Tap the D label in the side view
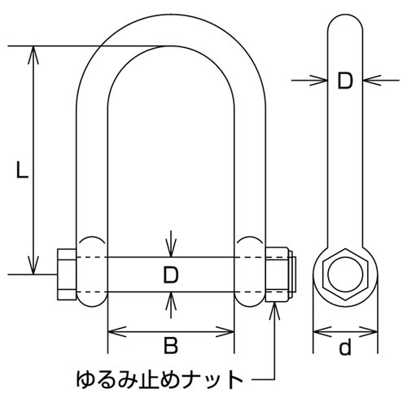[x=345, y=80]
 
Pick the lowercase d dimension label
[x=345, y=348]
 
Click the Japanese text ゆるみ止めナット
[x=159, y=379]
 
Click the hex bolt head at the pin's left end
[x=65, y=275]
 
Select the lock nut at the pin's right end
[x=278, y=276]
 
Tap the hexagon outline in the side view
[x=345, y=275]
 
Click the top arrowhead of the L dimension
[x=33, y=51]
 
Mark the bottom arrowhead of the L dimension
[x=33, y=269]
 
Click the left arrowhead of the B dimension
[x=113, y=331]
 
